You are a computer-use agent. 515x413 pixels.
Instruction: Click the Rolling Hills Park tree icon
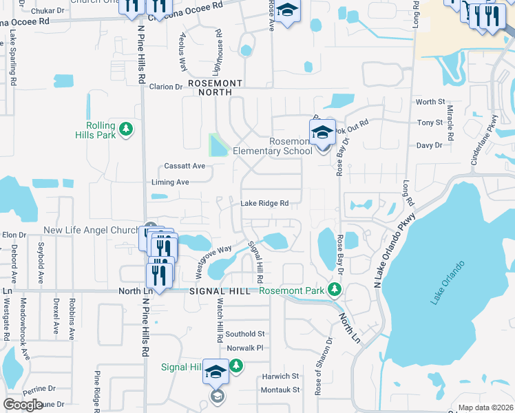click(x=125, y=129)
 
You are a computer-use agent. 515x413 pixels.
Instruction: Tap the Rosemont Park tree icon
click(x=335, y=288)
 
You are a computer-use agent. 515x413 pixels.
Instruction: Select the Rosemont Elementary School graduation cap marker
click(x=322, y=132)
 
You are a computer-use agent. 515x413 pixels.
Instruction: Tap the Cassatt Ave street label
click(x=185, y=166)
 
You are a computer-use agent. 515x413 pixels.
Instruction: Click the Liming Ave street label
click(x=170, y=182)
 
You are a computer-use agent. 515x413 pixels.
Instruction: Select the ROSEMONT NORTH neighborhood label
click(x=220, y=87)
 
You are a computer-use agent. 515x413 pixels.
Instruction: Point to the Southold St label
click(x=245, y=334)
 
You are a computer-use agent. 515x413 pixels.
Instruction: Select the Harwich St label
click(x=280, y=377)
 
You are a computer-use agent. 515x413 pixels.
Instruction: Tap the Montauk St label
click(x=280, y=390)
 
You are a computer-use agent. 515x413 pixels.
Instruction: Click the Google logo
click(x=23, y=405)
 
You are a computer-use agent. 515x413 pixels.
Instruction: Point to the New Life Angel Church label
click(x=92, y=230)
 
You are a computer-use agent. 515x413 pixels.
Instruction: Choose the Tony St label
click(x=430, y=123)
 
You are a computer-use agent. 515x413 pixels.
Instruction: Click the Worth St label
click(x=430, y=102)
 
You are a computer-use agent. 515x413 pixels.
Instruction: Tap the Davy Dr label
click(x=429, y=145)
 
